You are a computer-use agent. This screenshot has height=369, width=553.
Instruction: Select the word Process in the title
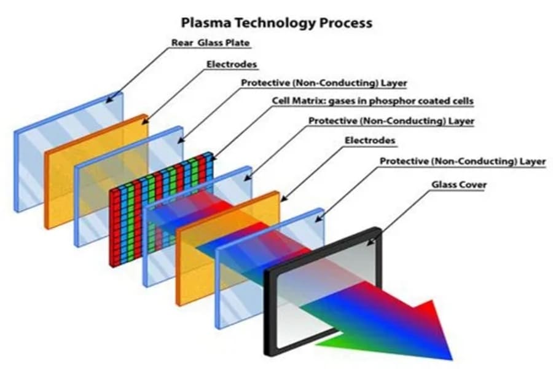click(x=345, y=23)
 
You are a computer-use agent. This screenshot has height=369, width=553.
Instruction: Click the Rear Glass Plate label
click(x=211, y=42)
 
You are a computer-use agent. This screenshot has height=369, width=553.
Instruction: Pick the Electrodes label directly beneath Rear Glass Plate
click(x=232, y=64)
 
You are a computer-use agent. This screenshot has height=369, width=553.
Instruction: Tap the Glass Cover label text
click(x=459, y=184)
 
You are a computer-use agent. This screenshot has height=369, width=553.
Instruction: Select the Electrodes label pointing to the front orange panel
click(x=370, y=141)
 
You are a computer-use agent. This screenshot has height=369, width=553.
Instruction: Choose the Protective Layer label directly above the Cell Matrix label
click(x=324, y=84)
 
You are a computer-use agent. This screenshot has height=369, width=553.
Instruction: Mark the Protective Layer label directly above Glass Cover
click(x=462, y=161)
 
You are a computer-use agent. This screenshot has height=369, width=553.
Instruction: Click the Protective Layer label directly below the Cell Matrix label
click(x=391, y=121)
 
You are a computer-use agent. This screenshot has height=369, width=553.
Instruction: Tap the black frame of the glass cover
click(x=270, y=311)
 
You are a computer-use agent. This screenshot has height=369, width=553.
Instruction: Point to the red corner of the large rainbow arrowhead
click(x=431, y=301)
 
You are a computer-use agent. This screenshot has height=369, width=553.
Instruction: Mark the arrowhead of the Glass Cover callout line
click(x=371, y=242)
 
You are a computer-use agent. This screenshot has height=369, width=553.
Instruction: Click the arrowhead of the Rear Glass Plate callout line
click(x=110, y=99)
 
